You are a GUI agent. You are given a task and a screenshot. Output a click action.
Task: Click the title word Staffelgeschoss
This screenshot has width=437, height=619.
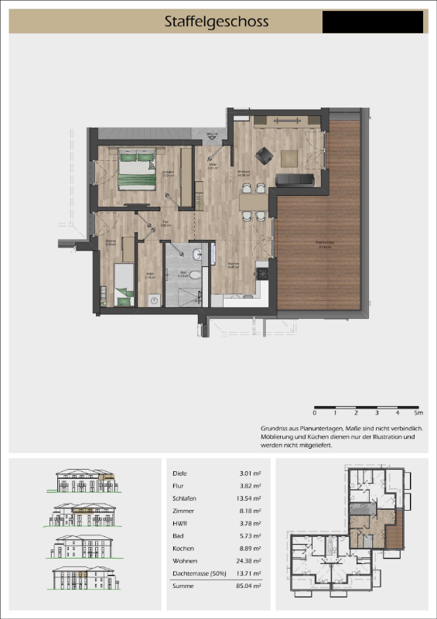(216, 22)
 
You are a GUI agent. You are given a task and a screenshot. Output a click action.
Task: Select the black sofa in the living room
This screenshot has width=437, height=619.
(295, 180)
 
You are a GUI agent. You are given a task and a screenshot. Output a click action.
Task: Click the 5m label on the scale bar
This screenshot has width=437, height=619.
(418, 415)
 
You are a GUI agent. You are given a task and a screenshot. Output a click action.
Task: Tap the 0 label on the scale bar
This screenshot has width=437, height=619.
(315, 415)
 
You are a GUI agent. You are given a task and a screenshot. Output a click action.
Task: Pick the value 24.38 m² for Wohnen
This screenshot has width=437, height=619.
(247, 562)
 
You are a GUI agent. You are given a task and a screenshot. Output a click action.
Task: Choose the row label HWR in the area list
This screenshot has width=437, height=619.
(180, 524)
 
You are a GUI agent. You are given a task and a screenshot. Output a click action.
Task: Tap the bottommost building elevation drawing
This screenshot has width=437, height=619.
(84, 580)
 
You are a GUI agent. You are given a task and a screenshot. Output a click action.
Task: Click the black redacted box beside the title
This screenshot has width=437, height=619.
(373, 22)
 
